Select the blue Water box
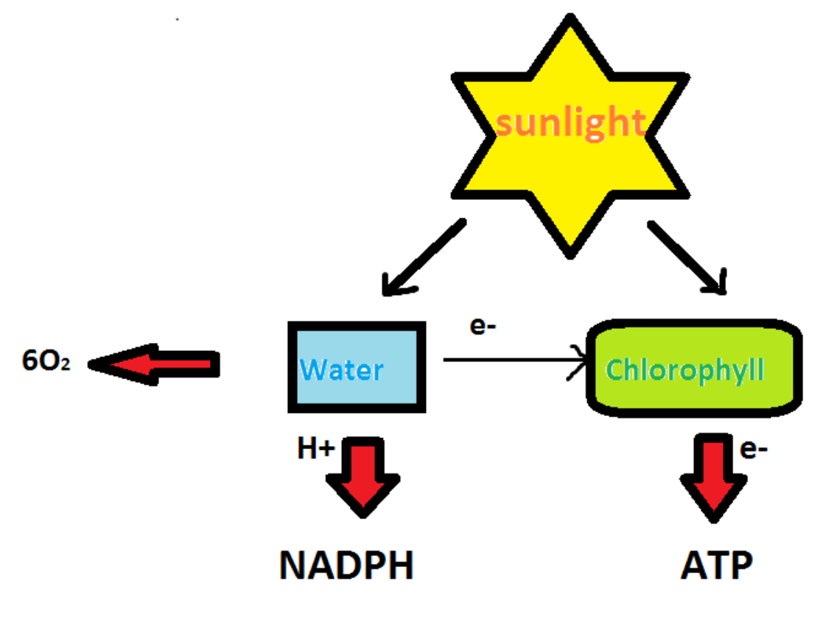tap(357, 366)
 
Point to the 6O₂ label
tap(46, 362)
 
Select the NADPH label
tap(346, 566)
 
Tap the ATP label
tap(716, 566)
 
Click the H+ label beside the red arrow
tap(315, 449)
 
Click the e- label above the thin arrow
tap(483, 327)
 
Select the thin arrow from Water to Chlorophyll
tap(508, 360)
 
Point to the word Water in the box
tap(343, 369)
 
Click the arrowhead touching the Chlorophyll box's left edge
tap(580, 361)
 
